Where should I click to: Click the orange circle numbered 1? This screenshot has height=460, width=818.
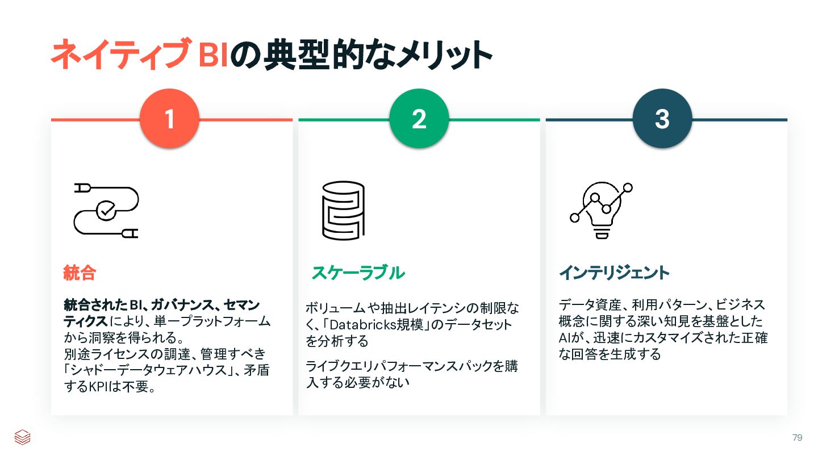(169, 119)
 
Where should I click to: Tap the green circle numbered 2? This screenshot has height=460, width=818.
(419, 119)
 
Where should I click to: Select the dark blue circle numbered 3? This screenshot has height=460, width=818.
(662, 119)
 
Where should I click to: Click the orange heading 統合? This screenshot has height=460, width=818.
(79, 273)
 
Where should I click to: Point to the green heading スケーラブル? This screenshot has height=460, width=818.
(358, 273)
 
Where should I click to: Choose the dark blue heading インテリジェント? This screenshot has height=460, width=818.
(614, 273)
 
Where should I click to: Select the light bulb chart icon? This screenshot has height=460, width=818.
(601, 210)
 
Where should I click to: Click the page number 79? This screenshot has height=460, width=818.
(797, 437)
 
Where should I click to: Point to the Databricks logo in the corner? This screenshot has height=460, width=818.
(22, 437)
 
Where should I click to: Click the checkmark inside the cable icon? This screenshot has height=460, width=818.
(105, 210)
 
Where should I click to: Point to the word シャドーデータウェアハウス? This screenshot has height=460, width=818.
(149, 371)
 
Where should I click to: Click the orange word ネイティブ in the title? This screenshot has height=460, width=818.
(120, 55)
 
